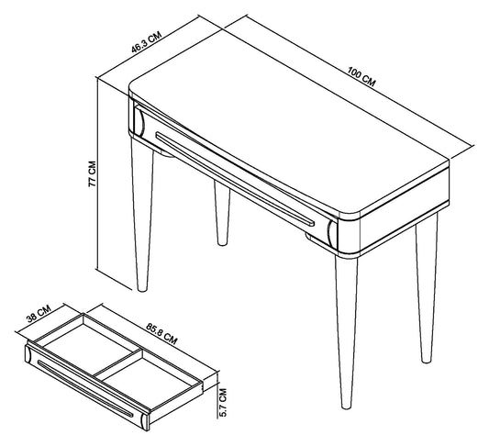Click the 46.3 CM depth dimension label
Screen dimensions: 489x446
[x=146, y=42]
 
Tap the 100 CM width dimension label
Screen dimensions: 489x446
[x=361, y=76]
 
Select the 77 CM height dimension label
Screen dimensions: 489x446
[x=93, y=174]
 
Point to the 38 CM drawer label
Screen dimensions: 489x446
[x=39, y=314]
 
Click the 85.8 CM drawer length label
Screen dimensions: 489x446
[x=161, y=334]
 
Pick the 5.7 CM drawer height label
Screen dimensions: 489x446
[x=223, y=402]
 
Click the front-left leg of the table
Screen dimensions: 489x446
[x=142, y=216]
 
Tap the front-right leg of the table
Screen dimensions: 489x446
[x=347, y=332]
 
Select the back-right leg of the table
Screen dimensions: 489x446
[x=427, y=288]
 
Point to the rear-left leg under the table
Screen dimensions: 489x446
[x=222, y=213]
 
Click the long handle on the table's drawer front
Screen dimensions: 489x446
[x=235, y=179]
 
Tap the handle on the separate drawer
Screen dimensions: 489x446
[x=85, y=389]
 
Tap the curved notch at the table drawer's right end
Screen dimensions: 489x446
[x=332, y=232]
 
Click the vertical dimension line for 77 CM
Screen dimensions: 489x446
[x=97, y=173]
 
